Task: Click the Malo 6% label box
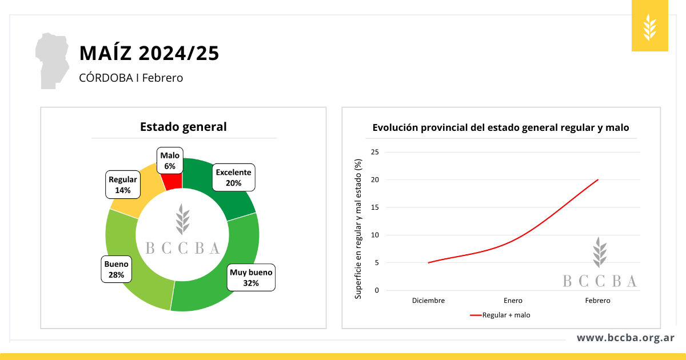coord(170,161)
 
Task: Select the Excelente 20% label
coord(233,178)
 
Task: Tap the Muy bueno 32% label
coord(251,277)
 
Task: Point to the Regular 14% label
coord(123,185)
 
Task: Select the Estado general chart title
coord(184,127)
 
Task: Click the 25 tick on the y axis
coord(375,152)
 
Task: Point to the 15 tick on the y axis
coord(375,207)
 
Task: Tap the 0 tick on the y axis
coord(377,290)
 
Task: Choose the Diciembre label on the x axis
coord(428,301)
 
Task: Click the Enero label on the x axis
coord(513,301)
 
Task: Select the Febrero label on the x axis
coord(597,301)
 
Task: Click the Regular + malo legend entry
coord(500,315)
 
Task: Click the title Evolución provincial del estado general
coord(501,128)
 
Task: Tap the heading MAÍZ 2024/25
coord(149,53)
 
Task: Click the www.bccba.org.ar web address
coord(625,338)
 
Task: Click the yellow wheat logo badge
coord(650,26)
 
